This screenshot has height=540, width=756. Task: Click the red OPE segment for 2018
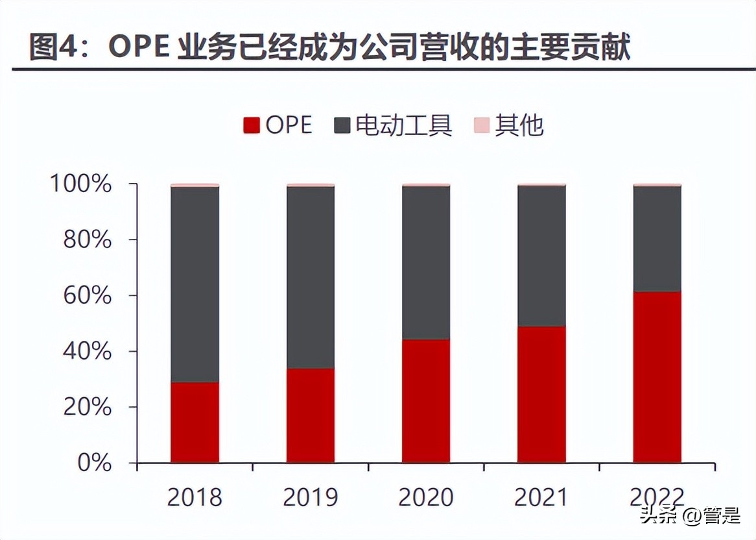coord(195,422)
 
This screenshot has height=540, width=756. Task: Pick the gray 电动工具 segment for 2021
coord(541,256)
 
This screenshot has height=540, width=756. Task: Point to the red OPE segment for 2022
coord(657,377)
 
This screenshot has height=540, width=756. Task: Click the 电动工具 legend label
coord(403,125)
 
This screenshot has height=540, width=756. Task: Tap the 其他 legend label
coord(519,125)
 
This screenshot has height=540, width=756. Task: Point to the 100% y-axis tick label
coord(81,184)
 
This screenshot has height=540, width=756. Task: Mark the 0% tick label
coord(95,463)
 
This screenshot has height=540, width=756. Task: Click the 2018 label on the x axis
coord(195,498)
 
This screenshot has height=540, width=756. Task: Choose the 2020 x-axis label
coord(426,498)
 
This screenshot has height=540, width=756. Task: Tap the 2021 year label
coord(541,498)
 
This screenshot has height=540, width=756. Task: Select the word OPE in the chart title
coord(139,48)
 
